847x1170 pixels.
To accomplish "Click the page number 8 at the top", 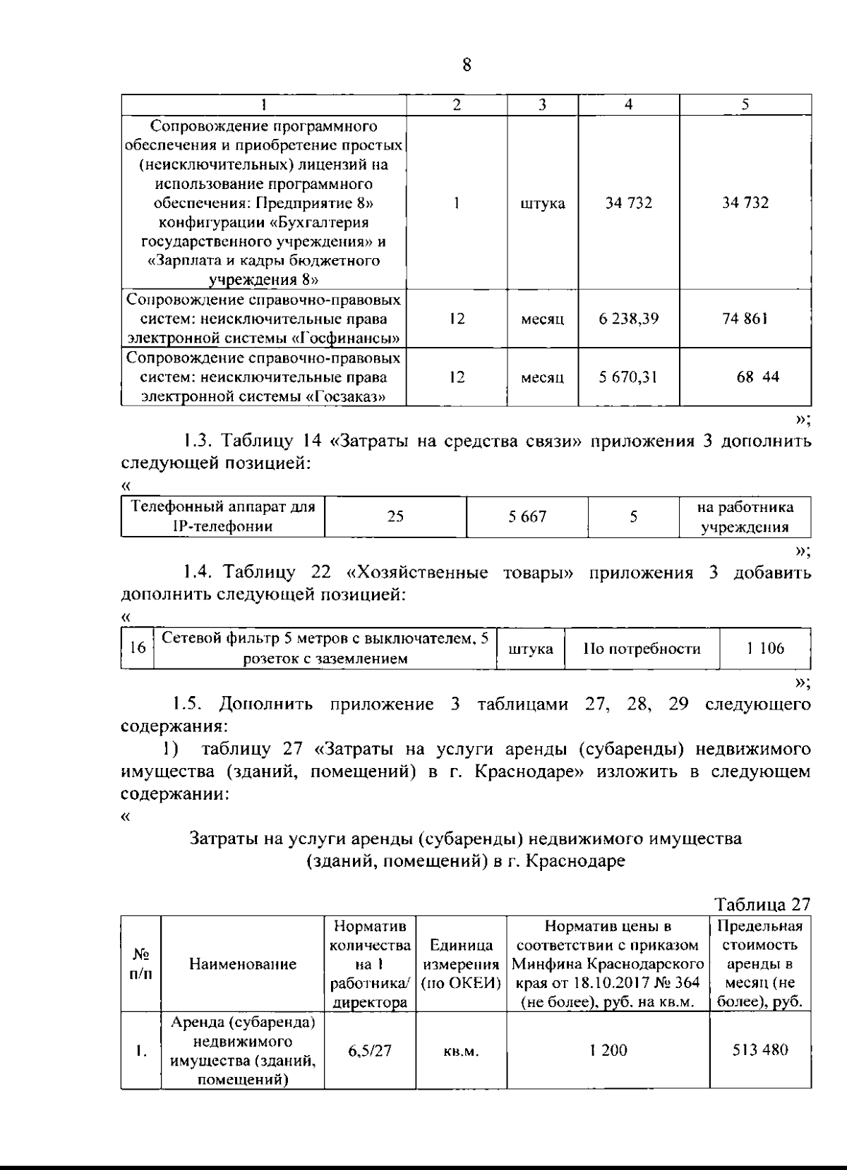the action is [x=466, y=65].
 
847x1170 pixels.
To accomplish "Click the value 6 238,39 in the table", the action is [x=628, y=318].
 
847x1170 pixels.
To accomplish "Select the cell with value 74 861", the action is [x=745, y=318].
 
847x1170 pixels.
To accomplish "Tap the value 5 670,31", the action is [x=628, y=377].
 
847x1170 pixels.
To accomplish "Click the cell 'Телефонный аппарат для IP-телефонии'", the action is [x=223, y=516].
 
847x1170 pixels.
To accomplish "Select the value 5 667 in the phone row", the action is [x=527, y=517].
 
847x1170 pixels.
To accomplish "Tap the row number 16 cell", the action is [x=138, y=648].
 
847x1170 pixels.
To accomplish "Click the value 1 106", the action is [x=765, y=648].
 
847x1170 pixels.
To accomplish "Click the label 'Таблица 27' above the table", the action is [x=762, y=904].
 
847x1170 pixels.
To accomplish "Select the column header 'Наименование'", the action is [x=243, y=964].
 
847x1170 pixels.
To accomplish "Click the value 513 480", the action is [x=759, y=1050].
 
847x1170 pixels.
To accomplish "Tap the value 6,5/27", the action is [x=369, y=1051].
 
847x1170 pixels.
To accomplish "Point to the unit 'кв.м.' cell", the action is [x=461, y=1052].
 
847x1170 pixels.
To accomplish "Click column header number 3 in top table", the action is [x=542, y=104].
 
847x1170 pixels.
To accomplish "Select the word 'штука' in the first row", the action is [x=542, y=204].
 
